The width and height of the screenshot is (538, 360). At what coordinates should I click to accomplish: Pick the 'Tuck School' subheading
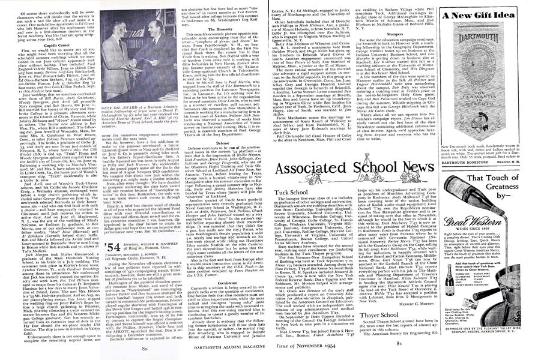click(288, 192)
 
